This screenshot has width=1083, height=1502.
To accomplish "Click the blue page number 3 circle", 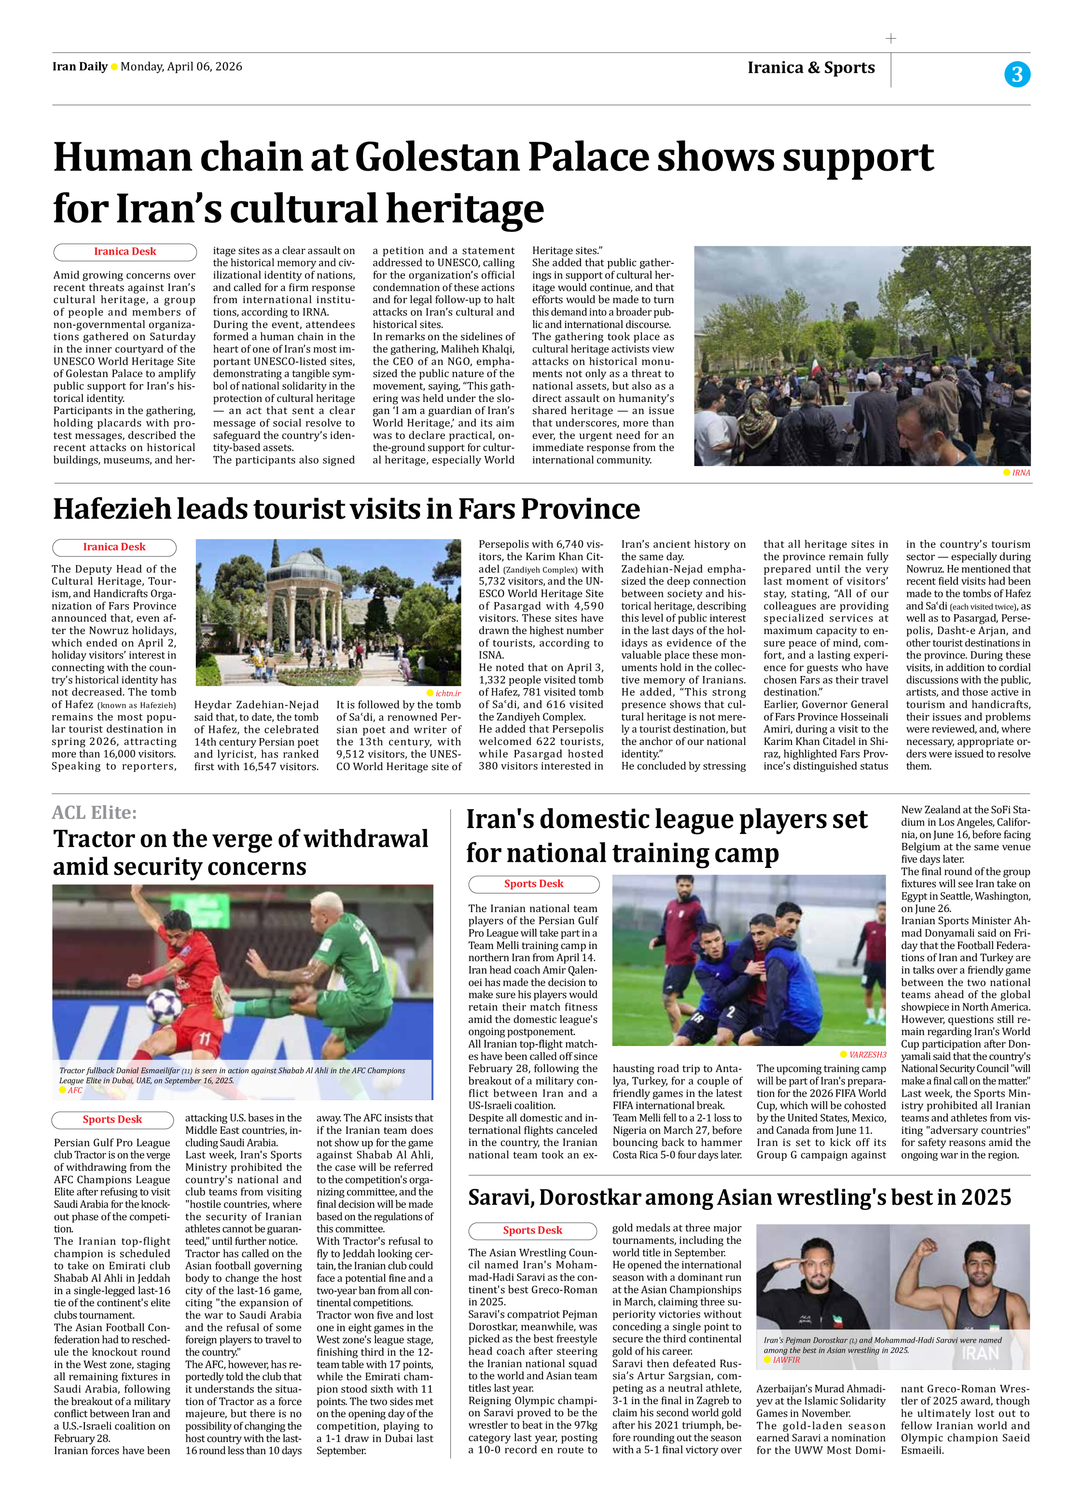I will coord(1017,74).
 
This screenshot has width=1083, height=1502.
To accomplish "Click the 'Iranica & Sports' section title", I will coord(811,68).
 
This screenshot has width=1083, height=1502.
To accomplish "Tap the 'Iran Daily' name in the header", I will coord(79,66).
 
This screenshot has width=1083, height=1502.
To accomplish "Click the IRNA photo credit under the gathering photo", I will coord(1021,473).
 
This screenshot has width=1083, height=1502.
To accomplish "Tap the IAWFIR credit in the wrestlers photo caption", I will coord(785,1360).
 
